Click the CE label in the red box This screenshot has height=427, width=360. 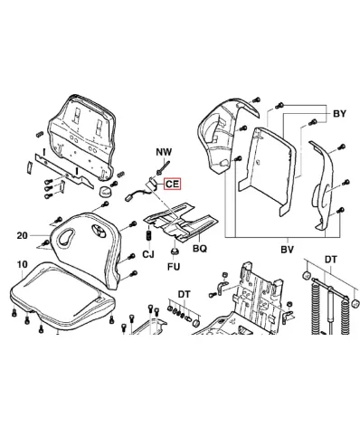[172, 184]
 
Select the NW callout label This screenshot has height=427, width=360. [164, 152]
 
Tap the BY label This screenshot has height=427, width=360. [339, 114]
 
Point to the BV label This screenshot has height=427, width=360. [287, 250]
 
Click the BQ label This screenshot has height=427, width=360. [200, 249]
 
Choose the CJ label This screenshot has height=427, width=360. [148, 254]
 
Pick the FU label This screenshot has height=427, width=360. [174, 267]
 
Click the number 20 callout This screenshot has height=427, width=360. [23, 235]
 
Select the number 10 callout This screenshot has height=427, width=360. [23, 264]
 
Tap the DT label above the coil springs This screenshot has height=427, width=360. [331, 260]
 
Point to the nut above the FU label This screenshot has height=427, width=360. [175, 251]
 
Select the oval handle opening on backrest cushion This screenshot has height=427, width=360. [66, 236]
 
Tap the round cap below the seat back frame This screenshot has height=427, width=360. [106, 191]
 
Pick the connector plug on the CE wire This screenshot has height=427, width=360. [128, 198]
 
